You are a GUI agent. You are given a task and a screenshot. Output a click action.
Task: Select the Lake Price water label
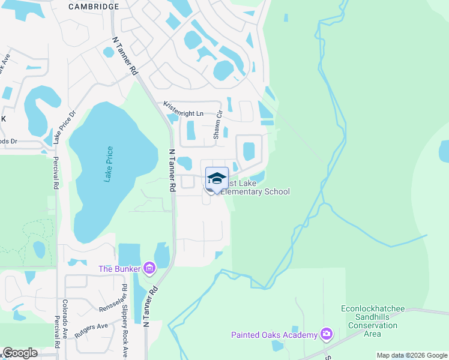click(109, 165)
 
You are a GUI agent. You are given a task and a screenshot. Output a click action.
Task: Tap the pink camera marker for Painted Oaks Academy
click(327, 334)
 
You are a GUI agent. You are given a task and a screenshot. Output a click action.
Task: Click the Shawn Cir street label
click(218, 125)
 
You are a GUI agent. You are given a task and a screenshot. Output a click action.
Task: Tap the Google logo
click(20, 353)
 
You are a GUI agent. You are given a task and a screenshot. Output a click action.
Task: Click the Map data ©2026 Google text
click(411, 355)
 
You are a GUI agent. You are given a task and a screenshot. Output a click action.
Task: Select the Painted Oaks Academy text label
click(274, 335)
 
